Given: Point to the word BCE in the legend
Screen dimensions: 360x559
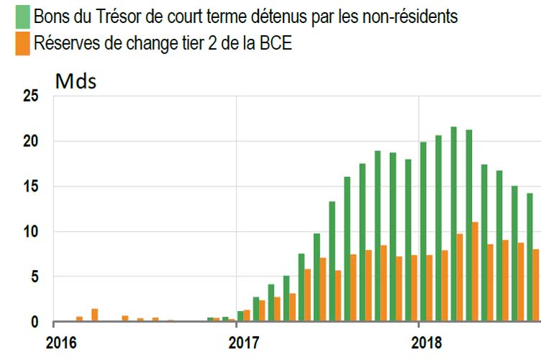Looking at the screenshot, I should tap(276, 44).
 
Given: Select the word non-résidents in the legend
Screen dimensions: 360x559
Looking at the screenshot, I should tap(412, 17).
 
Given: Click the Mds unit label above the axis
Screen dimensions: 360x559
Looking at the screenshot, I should tap(76, 81).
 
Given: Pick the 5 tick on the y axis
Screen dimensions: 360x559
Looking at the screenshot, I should tap(33, 276).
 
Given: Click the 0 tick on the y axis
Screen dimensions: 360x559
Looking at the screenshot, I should tap(33, 322).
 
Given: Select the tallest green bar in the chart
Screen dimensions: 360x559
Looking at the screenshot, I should tap(454, 224).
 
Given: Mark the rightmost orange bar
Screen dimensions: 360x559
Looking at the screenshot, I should tap(537, 285).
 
